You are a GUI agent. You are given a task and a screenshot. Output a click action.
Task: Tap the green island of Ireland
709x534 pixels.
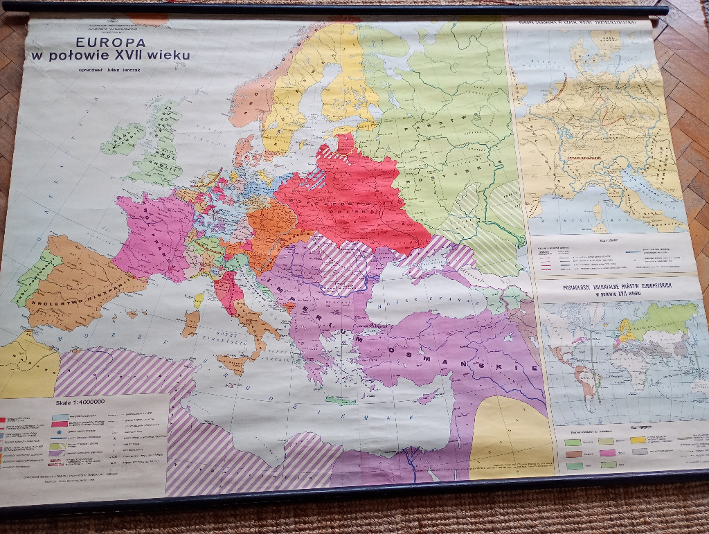123,139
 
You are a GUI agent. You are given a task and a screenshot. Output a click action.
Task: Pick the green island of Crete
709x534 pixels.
340,400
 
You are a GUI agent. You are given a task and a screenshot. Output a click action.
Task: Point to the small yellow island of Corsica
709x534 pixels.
199,300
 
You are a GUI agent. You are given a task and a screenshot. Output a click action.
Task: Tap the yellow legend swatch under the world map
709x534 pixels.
637,438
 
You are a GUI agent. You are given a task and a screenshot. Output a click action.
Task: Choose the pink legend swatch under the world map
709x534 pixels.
607,452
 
